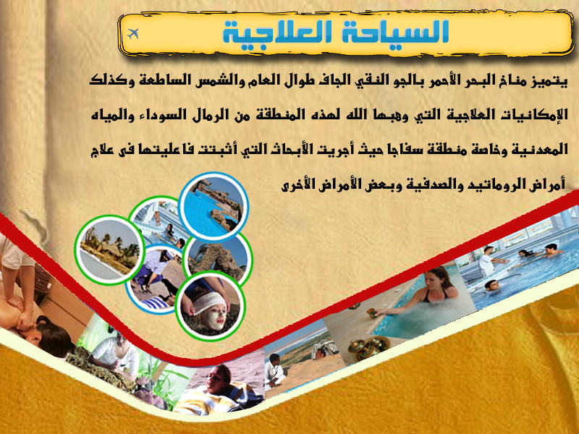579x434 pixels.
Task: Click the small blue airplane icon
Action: (133, 33)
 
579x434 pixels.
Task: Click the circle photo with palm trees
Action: (109, 250)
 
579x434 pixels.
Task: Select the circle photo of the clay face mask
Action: (210, 306)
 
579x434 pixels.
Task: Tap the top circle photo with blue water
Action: (214, 206)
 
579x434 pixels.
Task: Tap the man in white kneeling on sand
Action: (275, 371)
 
